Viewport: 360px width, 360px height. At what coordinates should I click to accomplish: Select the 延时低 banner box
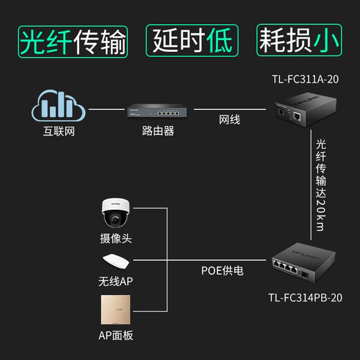pos(191,42)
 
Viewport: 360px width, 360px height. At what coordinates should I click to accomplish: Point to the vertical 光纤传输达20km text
pos(320,186)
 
